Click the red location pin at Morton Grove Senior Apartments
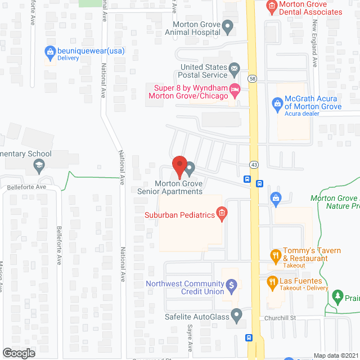point(179,164)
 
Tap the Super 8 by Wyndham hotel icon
point(235,89)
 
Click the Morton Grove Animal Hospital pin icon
point(227,25)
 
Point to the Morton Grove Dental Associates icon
point(272,7)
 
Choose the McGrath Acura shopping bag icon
point(277,103)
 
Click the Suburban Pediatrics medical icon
point(222,214)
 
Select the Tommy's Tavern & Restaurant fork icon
point(276,255)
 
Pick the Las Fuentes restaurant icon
point(272,282)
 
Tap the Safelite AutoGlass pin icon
point(236,316)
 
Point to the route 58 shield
point(253,79)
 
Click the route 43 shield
point(254,164)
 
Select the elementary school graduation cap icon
point(38,165)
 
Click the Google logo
point(19,353)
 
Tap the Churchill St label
point(281,318)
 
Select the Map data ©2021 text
point(335,355)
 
